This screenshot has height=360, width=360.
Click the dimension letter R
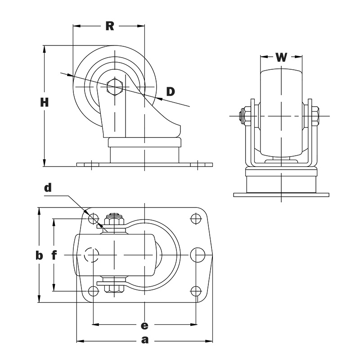(109, 26)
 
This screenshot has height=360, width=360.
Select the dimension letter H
(44, 103)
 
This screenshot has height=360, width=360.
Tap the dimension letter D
(170, 92)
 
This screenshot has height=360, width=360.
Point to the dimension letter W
(281, 57)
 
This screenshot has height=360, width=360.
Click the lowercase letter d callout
(48, 188)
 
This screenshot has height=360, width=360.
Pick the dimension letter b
(39, 256)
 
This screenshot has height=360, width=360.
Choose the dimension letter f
(54, 256)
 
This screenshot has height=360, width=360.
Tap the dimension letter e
(144, 324)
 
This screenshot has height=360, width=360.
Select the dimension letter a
(144, 340)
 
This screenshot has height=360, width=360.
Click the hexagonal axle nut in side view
(115, 87)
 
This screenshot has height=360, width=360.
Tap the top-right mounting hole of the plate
(196, 219)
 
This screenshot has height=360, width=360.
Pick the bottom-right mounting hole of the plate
(196, 291)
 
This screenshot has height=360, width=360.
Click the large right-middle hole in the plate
(196, 255)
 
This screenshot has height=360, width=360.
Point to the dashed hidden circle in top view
(92, 255)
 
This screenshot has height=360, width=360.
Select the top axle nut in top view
(115, 220)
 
